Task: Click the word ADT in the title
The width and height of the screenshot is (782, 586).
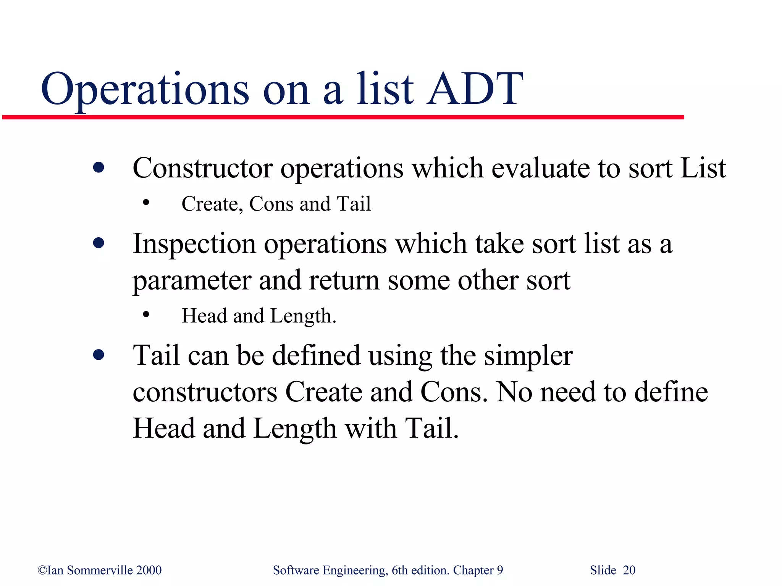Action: click(475, 89)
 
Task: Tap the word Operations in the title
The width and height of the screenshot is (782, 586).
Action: click(145, 89)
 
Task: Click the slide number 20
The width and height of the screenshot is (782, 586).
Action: click(629, 570)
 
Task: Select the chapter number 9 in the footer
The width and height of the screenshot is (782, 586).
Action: click(500, 570)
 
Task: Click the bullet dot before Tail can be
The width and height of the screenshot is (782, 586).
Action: click(99, 355)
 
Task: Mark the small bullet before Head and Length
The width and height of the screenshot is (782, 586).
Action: click(145, 315)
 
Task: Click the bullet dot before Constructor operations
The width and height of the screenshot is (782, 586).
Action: click(99, 167)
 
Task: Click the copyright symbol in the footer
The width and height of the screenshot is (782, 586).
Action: click(42, 570)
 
